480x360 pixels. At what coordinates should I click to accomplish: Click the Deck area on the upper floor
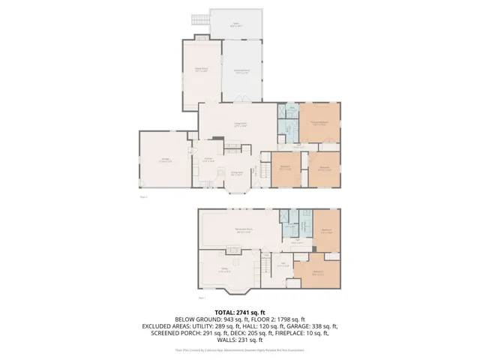(237, 23)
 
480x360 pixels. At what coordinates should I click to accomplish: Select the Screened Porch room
(242, 71)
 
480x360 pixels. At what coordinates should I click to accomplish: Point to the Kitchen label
(210, 160)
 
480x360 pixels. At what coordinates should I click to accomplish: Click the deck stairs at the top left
(200, 16)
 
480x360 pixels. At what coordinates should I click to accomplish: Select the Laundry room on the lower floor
(305, 225)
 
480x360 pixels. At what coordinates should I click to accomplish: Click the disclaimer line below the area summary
(240, 349)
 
